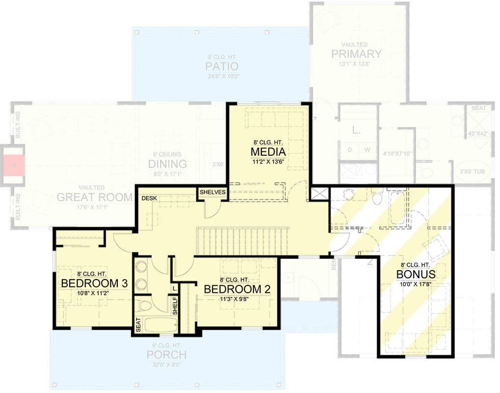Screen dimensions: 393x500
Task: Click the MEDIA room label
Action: click(268, 150)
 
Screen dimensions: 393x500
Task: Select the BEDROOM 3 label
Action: click(94, 283)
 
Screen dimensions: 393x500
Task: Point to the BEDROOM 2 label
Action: click(237, 288)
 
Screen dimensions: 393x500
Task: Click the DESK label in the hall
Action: click(149, 198)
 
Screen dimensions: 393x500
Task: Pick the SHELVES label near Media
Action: click(213, 193)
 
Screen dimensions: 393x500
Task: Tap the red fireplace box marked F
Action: click(15, 165)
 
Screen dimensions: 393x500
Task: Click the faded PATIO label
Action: click(222, 66)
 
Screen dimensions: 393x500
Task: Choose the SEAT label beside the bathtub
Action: click(138, 325)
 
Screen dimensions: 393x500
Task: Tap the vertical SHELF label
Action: click(174, 306)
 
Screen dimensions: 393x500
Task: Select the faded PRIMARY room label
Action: click(356, 54)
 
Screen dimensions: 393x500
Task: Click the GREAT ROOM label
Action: click(94, 197)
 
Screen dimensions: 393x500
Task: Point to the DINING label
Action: click(168, 164)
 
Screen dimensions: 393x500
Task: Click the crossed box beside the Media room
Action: click(319, 193)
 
